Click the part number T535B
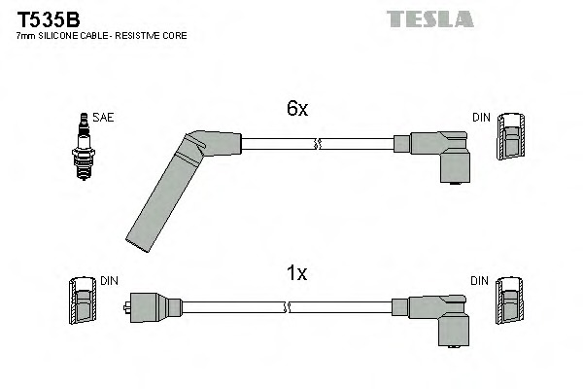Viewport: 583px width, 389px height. (49, 19)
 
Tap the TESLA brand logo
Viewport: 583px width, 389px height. (429, 19)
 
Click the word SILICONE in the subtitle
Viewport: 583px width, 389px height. (58, 36)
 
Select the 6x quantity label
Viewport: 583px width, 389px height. (297, 108)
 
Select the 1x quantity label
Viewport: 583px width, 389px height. (296, 273)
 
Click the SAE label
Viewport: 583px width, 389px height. (103, 118)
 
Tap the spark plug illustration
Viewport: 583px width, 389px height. (84, 147)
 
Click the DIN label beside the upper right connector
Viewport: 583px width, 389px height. (481, 118)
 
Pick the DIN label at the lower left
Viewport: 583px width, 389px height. (109, 281)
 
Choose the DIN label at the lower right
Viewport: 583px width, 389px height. (479, 281)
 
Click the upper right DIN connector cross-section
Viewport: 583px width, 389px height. (511, 136)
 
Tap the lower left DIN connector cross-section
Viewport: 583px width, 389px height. (83, 301)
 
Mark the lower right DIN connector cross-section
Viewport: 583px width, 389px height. (509, 301)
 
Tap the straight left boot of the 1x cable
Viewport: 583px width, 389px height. (154, 307)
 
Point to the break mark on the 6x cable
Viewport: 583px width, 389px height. (317, 144)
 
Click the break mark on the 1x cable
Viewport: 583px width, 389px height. (287, 307)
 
